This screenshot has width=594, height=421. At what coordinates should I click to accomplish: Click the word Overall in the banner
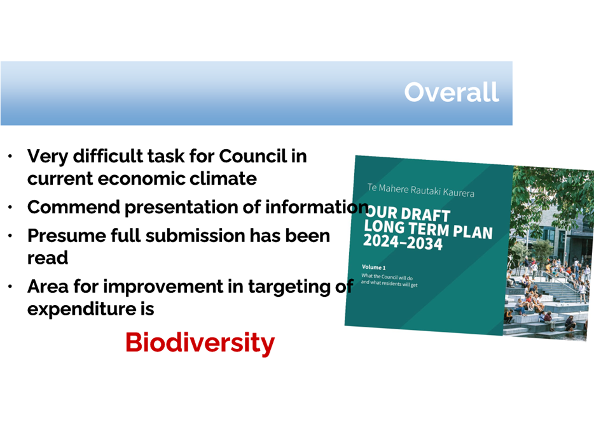coord(452,92)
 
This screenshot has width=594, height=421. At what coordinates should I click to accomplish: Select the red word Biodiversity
coord(200,343)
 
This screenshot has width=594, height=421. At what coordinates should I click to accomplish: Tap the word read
coord(48,258)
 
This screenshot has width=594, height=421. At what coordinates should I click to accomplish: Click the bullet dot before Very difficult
coord(10,156)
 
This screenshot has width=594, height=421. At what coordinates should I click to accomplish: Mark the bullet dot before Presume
coord(10,236)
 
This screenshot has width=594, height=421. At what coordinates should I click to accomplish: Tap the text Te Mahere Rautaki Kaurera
coord(421,190)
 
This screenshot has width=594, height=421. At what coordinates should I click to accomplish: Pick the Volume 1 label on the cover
coord(373,268)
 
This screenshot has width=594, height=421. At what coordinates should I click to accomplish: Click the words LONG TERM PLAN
coord(428,229)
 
